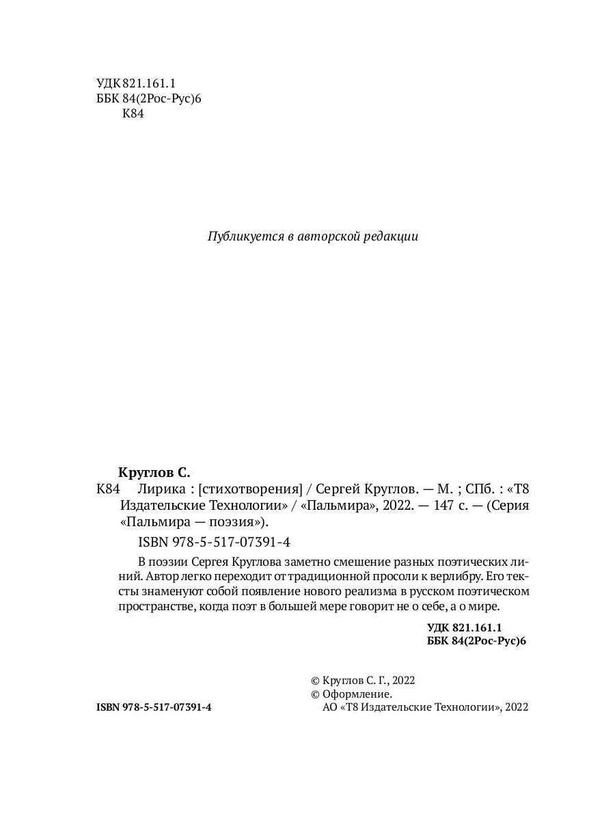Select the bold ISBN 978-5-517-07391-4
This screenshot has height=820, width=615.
[154, 709]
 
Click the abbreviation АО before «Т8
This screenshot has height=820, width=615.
[329, 709]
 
